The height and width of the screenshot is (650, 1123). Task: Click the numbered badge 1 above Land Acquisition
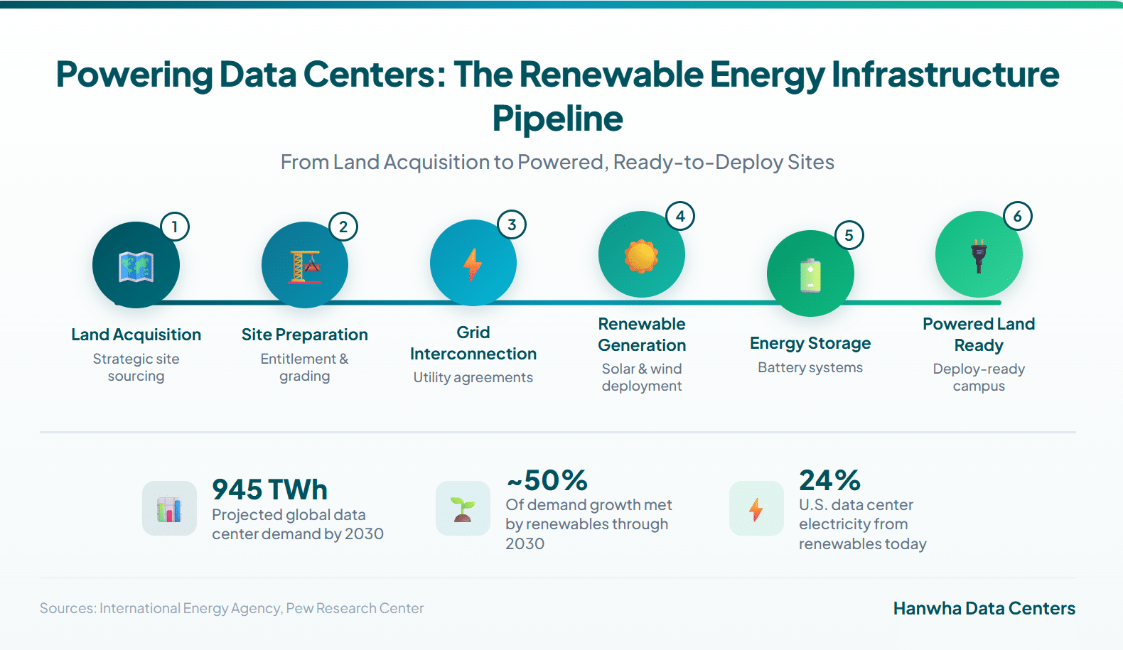[175, 227]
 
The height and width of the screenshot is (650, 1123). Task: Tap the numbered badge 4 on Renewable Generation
[680, 217]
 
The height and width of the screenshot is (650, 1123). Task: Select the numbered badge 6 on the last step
[1017, 217]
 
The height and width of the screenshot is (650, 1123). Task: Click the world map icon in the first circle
[136, 266]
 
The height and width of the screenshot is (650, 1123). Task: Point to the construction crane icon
[305, 267]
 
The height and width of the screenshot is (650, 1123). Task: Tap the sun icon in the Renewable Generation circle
[641, 256]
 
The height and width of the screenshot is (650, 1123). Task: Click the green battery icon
[810, 275]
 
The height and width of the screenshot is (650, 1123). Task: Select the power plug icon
[979, 256]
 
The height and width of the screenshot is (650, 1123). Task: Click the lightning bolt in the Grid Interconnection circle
[472, 264]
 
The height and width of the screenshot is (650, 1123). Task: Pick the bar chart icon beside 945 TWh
[169, 509]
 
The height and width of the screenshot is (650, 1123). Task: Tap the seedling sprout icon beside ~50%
[462, 509]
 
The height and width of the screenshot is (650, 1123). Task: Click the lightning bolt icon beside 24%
[756, 509]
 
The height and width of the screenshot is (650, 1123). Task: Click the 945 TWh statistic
[269, 489]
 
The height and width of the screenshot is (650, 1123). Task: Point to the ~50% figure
[547, 480]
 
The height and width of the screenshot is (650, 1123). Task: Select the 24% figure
[829, 480]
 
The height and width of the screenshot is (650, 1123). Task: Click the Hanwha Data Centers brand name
[984, 608]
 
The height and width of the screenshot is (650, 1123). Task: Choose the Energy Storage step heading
[810, 343]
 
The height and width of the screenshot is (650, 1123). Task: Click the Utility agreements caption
[473, 377]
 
